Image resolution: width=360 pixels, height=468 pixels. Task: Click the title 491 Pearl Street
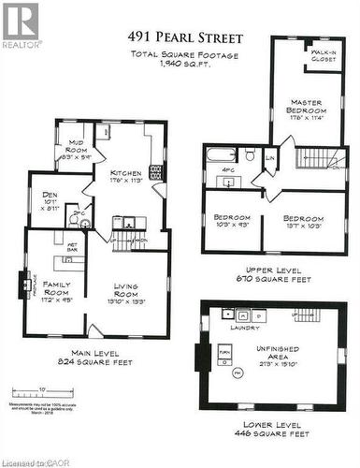(185, 38)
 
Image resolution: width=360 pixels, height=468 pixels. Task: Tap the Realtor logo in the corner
(22, 25)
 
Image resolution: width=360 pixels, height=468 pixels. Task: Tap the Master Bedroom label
(307, 110)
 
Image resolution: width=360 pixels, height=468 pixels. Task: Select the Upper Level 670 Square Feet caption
(274, 274)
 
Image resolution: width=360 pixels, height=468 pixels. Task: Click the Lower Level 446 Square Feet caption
(273, 429)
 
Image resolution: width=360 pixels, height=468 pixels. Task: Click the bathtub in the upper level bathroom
(221, 155)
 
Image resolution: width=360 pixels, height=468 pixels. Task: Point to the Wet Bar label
(71, 250)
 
